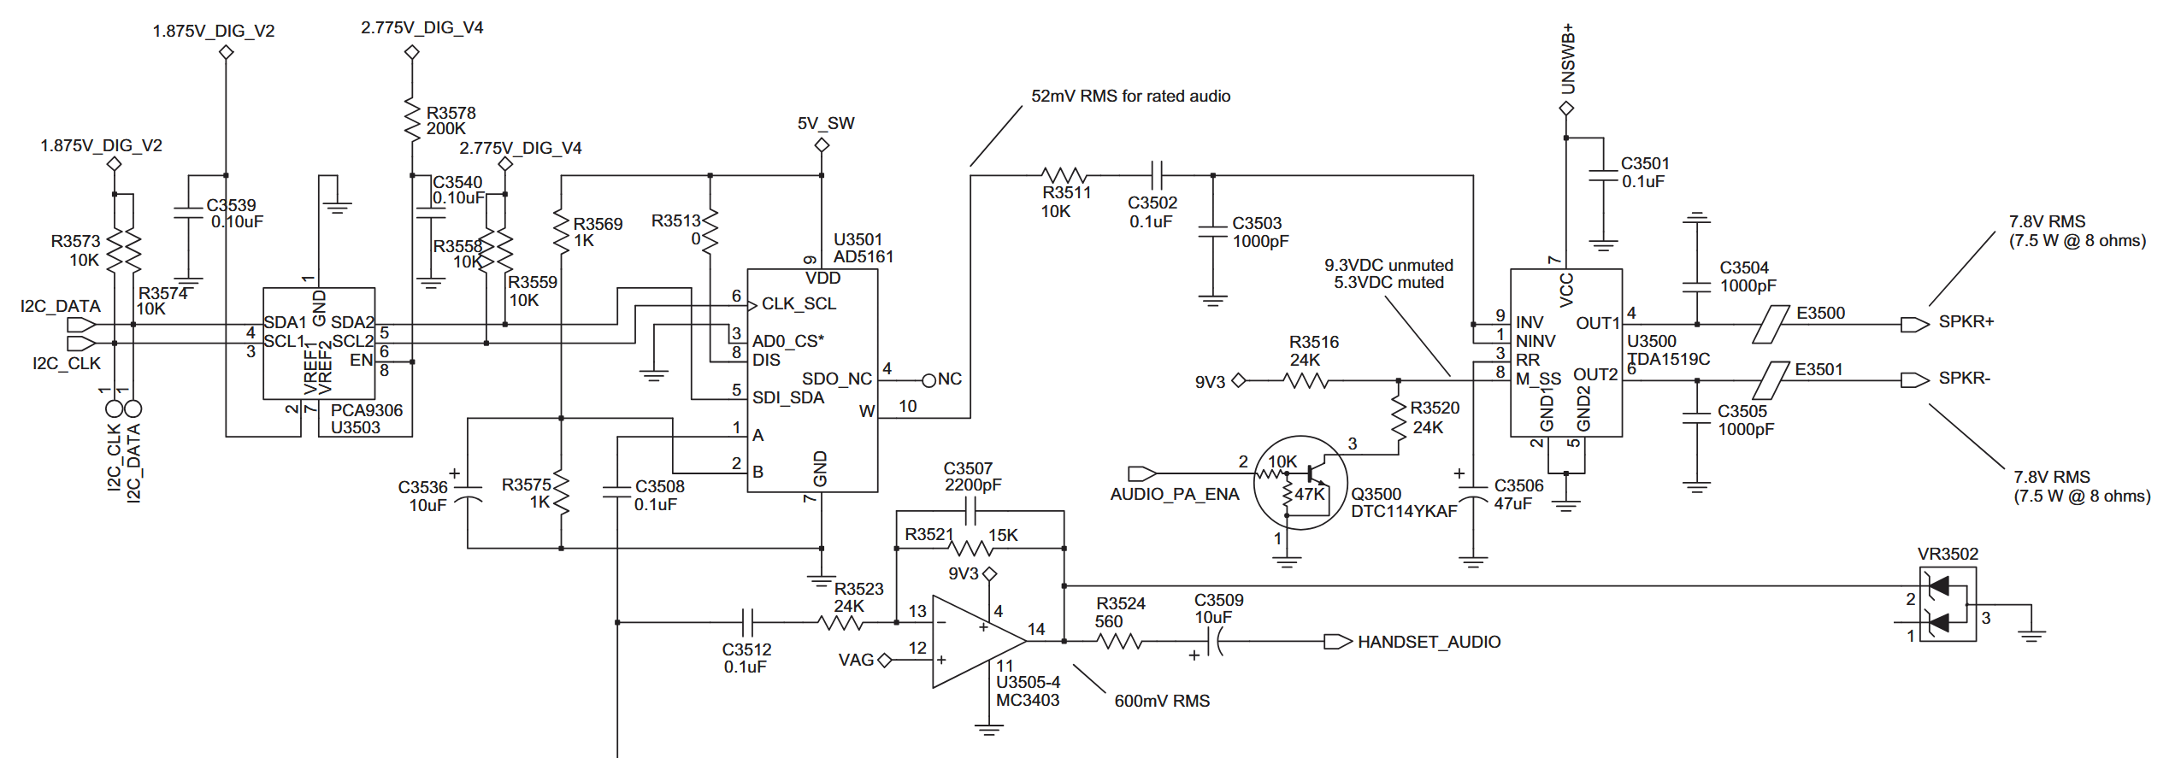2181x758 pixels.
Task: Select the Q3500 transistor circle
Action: tap(1300, 483)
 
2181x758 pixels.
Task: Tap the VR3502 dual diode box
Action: tap(1947, 603)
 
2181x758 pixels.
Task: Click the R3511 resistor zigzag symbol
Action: tap(1064, 175)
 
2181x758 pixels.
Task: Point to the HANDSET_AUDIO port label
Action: tap(1429, 642)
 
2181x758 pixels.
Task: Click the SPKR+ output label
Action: tap(1966, 322)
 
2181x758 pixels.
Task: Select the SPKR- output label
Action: tap(1964, 379)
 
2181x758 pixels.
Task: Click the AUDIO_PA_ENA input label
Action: tap(1174, 494)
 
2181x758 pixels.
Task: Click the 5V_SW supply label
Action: tap(825, 123)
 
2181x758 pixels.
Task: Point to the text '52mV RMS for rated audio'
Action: tap(1130, 97)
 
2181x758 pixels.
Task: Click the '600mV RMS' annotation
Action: tap(1161, 701)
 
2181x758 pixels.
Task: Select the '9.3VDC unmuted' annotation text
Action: tap(1388, 265)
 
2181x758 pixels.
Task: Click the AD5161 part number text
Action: tap(863, 256)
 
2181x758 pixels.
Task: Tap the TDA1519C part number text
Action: tap(1668, 359)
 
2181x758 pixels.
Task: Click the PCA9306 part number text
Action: tap(366, 410)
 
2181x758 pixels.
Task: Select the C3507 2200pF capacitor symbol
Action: tap(970, 512)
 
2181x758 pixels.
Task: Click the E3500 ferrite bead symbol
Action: tap(1771, 324)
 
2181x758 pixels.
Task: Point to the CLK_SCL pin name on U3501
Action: tap(799, 304)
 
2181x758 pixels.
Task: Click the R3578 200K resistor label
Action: tap(451, 120)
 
